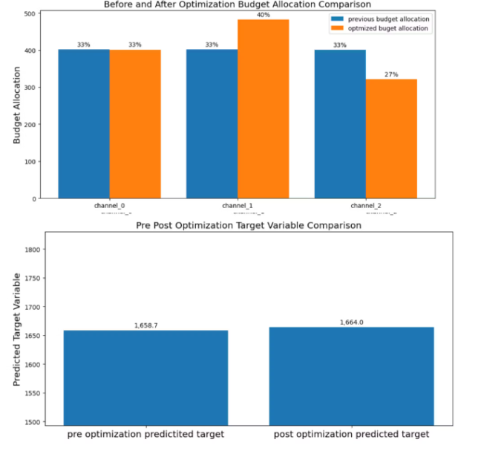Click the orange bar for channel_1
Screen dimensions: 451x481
pos(263,108)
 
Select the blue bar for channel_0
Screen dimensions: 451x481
pos(84,123)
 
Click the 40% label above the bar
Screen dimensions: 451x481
pos(263,15)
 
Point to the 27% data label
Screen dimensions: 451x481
pos(391,74)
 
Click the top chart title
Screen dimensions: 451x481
pos(237,4)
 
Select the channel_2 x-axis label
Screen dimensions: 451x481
pos(365,205)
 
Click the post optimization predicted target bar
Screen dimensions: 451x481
pos(351,376)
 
